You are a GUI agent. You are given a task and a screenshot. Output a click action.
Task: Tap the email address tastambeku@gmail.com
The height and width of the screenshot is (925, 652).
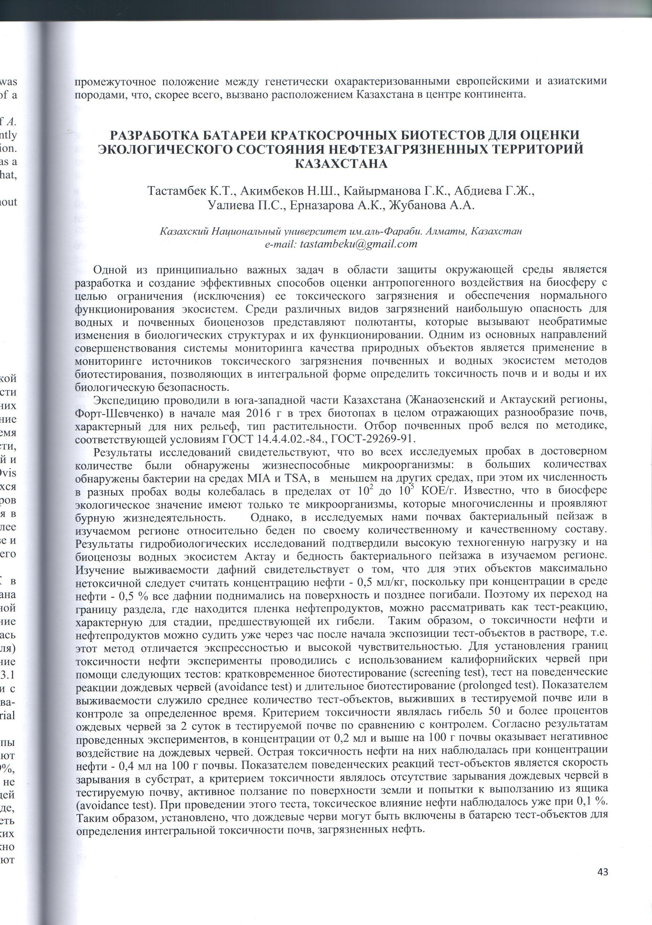coord(359,244)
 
